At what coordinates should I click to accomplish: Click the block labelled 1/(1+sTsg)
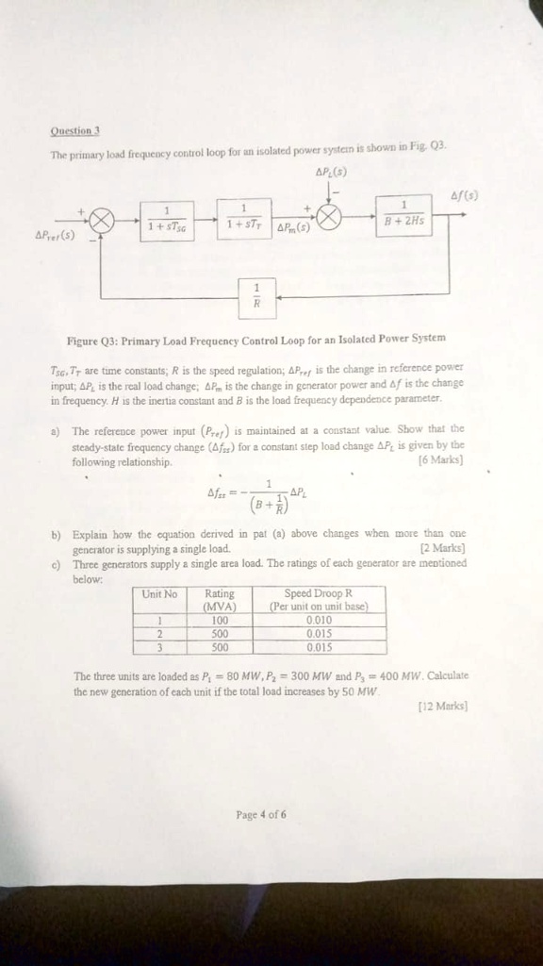[x=169, y=217]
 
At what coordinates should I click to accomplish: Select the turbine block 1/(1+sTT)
[x=244, y=215]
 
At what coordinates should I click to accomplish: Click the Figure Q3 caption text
[x=255, y=337]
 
